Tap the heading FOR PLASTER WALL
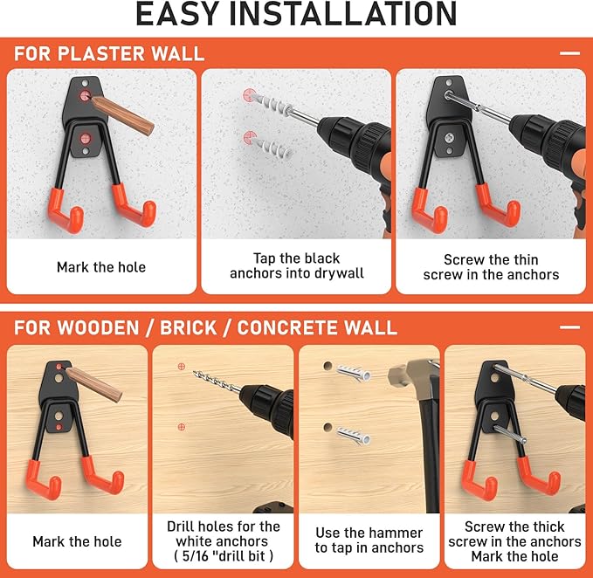click(109, 53)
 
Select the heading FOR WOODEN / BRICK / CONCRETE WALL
click(205, 328)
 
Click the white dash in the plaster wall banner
click(569, 53)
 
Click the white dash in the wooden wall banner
click(569, 328)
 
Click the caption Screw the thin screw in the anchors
click(491, 267)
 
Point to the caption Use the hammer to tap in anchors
click(369, 540)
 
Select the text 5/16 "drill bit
click(223, 555)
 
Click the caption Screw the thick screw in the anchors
click(514, 534)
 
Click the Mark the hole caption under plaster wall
click(102, 267)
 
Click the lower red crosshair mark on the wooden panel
click(181, 427)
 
